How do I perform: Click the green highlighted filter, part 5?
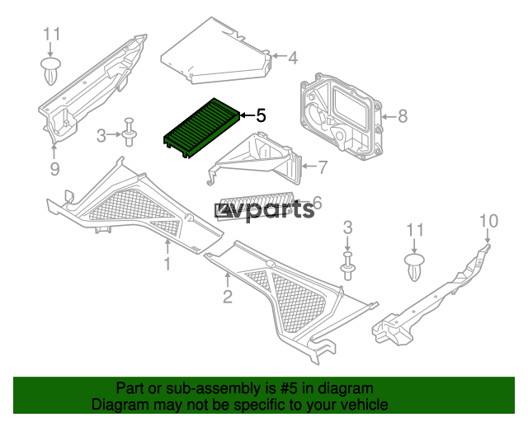[x=202, y=128]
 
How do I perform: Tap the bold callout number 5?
[x=261, y=115]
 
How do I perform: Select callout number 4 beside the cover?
[x=293, y=58]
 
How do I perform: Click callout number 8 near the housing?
[x=403, y=116]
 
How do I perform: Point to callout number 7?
[x=323, y=167]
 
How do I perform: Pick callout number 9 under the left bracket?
[x=55, y=169]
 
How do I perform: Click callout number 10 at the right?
[x=488, y=221]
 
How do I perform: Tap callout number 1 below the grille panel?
[x=167, y=265]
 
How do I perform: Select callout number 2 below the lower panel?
[x=228, y=297]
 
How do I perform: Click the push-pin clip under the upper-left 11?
[x=51, y=71]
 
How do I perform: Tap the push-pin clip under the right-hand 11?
[x=414, y=268]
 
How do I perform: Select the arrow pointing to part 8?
[x=389, y=117]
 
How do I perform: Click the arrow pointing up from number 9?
[x=54, y=151]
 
